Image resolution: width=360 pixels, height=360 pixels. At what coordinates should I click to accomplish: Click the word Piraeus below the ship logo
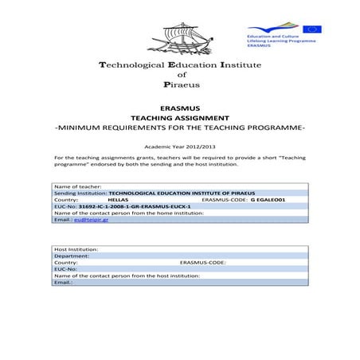click(179, 83)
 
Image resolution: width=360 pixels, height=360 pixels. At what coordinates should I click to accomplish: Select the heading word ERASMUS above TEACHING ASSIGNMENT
click(179, 106)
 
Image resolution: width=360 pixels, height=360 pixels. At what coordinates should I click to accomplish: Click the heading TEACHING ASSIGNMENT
click(179, 116)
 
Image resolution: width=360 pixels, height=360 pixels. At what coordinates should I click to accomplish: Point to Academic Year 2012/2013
click(179, 147)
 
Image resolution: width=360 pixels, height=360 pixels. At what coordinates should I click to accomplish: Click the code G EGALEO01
click(268, 199)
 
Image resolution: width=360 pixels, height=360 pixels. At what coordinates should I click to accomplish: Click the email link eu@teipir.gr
click(90, 218)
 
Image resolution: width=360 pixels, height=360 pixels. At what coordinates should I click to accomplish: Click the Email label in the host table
click(63, 282)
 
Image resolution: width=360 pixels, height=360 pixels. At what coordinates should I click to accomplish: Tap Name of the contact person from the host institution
click(127, 276)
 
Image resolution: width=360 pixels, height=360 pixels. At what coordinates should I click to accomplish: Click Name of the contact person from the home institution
click(129, 212)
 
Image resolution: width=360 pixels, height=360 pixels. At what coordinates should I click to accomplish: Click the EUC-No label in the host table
click(66, 269)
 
